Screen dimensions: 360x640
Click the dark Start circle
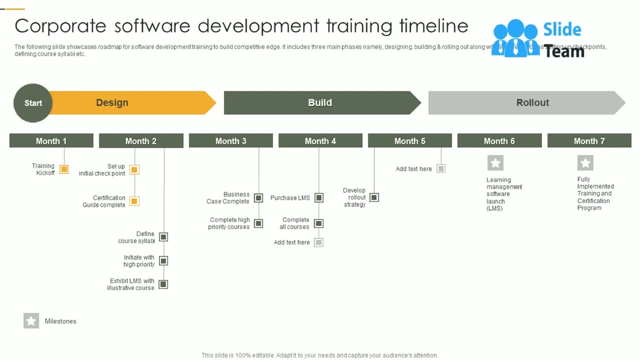click(x=33, y=103)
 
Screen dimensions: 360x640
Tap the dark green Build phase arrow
click(x=320, y=102)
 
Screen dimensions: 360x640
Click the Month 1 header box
click(x=51, y=141)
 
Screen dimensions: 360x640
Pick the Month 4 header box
click(x=320, y=141)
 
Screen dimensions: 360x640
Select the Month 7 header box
click(x=589, y=141)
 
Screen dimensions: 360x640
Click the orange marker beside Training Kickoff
click(x=64, y=169)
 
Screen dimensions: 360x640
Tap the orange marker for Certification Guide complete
click(x=134, y=201)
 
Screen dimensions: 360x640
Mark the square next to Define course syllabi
click(x=163, y=237)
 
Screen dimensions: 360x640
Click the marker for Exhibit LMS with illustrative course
click(x=163, y=284)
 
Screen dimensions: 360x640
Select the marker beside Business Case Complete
click(x=258, y=198)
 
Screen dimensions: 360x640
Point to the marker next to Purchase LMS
click(x=319, y=198)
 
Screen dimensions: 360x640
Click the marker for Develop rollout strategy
click(x=374, y=197)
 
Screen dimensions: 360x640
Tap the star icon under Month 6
click(x=495, y=163)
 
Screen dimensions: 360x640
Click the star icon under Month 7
click(x=585, y=163)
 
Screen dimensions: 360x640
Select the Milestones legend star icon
click(x=31, y=321)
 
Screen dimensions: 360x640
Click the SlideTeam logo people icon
click(x=515, y=38)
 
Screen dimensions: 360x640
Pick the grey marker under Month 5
click(x=441, y=169)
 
